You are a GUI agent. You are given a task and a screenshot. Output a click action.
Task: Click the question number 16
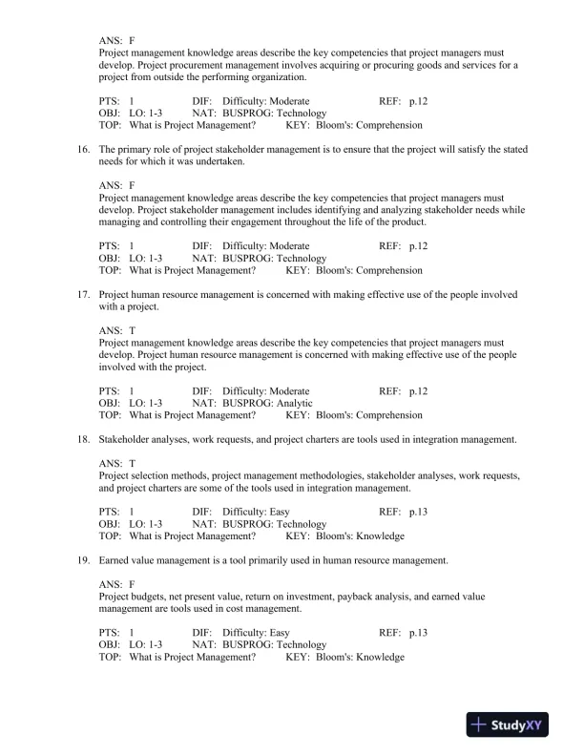click(x=82, y=150)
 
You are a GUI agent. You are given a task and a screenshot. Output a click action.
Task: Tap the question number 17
click(x=82, y=295)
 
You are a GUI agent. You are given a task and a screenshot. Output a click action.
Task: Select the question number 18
click(x=82, y=439)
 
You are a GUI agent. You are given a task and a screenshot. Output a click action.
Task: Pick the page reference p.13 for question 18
click(x=418, y=512)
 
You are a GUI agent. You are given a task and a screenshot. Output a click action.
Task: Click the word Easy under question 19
click(x=280, y=633)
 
